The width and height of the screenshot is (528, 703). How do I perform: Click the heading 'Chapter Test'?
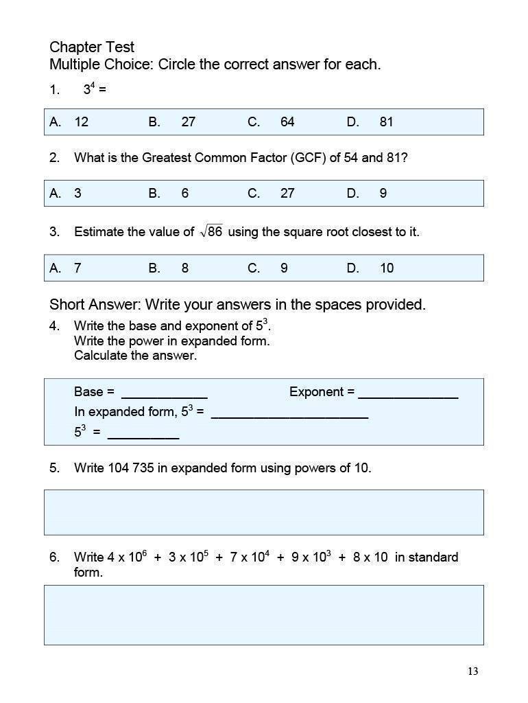(x=92, y=47)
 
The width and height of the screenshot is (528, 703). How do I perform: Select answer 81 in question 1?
(x=386, y=122)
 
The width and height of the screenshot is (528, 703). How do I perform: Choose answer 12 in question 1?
(x=81, y=122)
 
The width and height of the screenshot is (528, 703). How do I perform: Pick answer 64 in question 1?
(x=287, y=122)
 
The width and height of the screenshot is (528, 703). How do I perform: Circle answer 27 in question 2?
(x=287, y=194)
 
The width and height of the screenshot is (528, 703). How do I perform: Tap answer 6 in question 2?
(x=184, y=194)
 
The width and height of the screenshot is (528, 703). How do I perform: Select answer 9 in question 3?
(x=283, y=268)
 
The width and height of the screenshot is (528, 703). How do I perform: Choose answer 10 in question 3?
(x=386, y=268)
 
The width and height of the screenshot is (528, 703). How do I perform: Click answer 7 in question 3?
(x=77, y=268)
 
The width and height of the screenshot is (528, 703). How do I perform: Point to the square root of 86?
(x=211, y=232)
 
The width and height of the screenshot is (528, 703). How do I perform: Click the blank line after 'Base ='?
(x=164, y=394)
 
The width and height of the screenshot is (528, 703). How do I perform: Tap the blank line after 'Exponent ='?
(x=408, y=394)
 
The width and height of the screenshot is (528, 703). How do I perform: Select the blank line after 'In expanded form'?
(x=289, y=415)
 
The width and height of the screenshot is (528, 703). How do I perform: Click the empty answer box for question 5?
(x=264, y=512)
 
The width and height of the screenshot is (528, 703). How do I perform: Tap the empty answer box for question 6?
(x=264, y=615)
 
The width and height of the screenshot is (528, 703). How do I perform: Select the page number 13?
(x=472, y=671)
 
